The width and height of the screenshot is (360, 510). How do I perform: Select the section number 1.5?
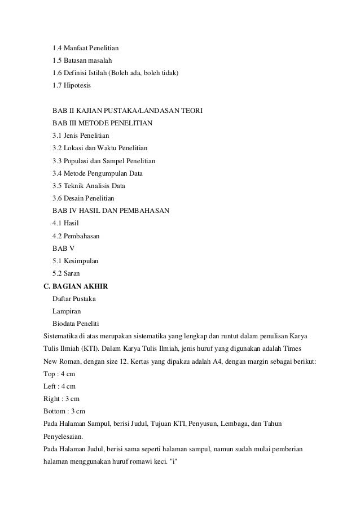57,60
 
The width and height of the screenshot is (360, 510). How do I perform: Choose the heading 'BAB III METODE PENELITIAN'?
102,123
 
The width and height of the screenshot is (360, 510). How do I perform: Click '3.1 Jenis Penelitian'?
81,136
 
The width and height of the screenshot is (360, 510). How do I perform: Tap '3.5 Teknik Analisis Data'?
89,185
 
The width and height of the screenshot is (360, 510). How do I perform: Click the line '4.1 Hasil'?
65,223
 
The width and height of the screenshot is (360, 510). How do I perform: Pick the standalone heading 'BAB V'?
63,248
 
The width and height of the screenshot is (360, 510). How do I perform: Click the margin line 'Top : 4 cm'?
60,373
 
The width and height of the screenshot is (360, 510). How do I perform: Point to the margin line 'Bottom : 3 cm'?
65,411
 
